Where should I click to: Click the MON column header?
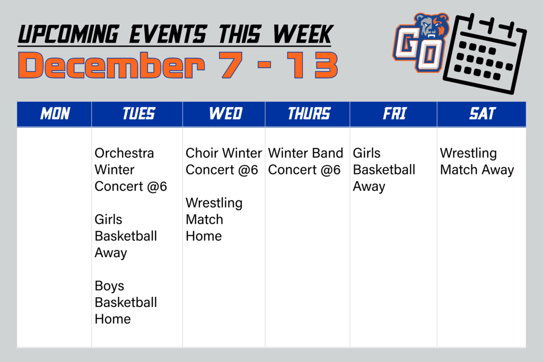click(55, 113)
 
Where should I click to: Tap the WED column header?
click(225, 113)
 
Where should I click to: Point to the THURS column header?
click(309, 113)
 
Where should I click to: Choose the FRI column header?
click(394, 113)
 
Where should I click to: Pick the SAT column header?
click(482, 113)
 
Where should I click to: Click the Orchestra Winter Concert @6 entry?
click(130, 170)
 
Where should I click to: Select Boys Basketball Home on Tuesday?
click(126, 302)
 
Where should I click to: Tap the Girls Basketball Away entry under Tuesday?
click(126, 236)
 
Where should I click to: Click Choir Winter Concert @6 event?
click(223, 161)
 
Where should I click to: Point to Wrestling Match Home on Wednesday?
click(214, 219)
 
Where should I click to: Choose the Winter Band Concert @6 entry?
click(305, 161)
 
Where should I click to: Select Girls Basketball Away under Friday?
click(384, 170)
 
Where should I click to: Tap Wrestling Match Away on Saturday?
click(477, 161)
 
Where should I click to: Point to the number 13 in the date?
click(315, 66)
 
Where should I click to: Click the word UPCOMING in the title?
click(67, 34)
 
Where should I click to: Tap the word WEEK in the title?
click(302, 34)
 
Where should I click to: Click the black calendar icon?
click(484, 53)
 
